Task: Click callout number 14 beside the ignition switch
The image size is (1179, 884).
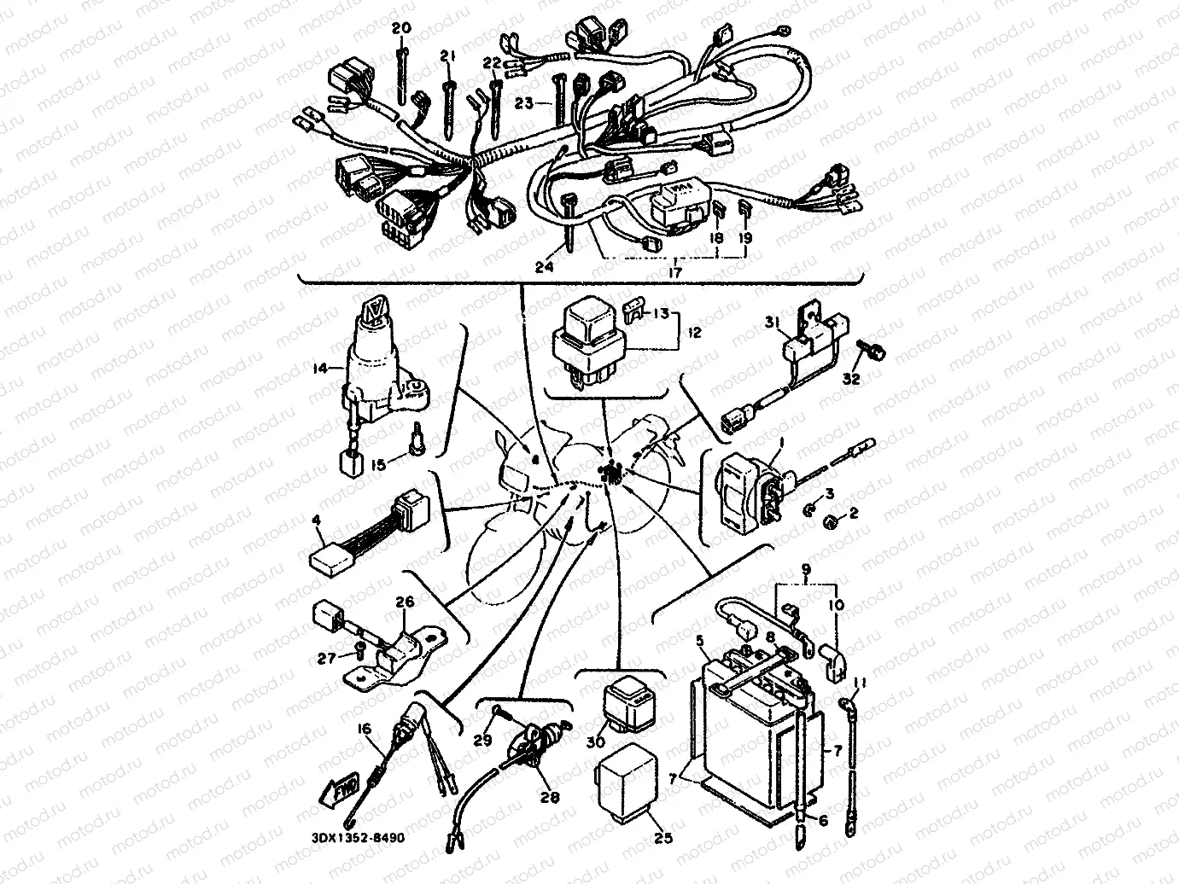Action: pyautogui.click(x=319, y=369)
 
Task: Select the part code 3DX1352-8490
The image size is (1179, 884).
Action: pyautogui.click(x=353, y=837)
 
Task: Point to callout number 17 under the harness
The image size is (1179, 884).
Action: pyautogui.click(x=674, y=273)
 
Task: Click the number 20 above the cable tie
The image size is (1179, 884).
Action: pyautogui.click(x=400, y=28)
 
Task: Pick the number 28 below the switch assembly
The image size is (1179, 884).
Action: pyautogui.click(x=550, y=797)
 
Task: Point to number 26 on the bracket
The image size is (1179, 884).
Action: pyautogui.click(x=404, y=602)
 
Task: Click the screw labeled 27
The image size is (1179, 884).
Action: pyautogui.click(x=359, y=654)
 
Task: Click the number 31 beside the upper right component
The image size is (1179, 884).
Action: pyautogui.click(x=771, y=323)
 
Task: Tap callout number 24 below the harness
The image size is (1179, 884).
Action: pyautogui.click(x=544, y=266)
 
